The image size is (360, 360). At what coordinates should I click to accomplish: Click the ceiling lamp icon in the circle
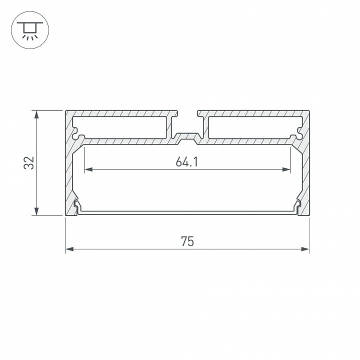[x=30, y=30]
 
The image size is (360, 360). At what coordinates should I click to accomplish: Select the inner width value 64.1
[x=187, y=162]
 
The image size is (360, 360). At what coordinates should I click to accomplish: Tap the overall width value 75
[x=187, y=242]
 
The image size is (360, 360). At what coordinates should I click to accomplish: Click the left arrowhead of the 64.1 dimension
[x=88, y=169]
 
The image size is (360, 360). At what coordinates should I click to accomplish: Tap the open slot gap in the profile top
[x=187, y=113]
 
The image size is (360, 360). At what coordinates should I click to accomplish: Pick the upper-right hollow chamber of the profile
[x=253, y=127]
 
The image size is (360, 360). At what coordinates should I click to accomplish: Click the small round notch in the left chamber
[x=80, y=137]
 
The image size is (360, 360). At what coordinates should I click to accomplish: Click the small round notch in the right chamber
[x=295, y=137]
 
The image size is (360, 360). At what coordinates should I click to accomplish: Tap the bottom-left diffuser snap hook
[x=77, y=207]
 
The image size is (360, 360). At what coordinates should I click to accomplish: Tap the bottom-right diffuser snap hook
[x=298, y=207]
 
